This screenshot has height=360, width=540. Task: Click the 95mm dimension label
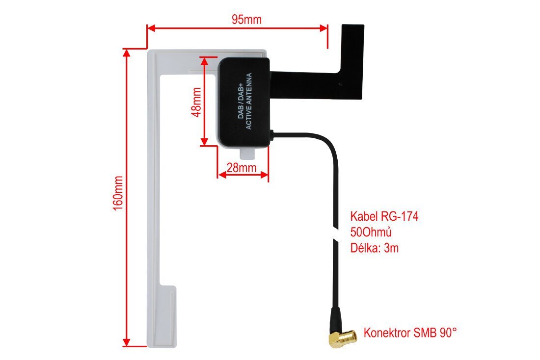click(246, 20)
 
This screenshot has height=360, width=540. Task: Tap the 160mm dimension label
click(118, 193)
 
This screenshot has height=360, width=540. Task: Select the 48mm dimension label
click(196, 102)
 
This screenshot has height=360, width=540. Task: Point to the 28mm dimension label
click(242, 168)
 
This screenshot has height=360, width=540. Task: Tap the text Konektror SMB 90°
click(410, 333)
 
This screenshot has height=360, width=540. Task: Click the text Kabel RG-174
click(384, 216)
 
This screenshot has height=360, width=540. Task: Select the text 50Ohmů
click(371, 232)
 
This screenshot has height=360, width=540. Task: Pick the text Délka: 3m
click(375, 248)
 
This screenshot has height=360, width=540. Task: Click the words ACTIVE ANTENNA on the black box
click(248, 101)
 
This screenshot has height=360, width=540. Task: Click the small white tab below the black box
click(248, 154)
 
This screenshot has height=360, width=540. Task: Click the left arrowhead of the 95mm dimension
click(151, 28)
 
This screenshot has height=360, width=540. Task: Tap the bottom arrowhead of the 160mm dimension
click(127, 342)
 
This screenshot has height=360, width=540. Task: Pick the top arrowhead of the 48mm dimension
click(205, 61)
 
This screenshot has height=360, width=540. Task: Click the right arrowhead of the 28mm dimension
click(264, 175)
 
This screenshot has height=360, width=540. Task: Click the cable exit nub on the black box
click(272, 134)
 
